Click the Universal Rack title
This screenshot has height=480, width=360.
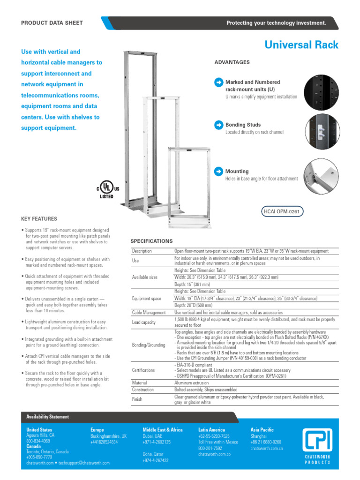click(301, 45)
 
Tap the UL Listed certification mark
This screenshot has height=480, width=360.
click(108, 188)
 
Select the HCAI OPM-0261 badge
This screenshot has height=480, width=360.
click(281, 212)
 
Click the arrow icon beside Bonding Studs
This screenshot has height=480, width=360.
click(218, 125)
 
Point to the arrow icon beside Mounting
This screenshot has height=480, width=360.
click(218, 172)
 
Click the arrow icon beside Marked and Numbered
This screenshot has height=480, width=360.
click(218, 82)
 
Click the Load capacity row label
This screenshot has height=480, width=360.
click(144, 322)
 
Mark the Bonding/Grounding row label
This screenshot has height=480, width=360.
click(149, 345)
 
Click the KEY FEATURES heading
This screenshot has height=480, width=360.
click(39, 219)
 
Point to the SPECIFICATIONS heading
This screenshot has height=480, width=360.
click(151, 241)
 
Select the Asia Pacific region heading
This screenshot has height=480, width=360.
click(262, 429)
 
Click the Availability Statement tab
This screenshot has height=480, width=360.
click(47, 417)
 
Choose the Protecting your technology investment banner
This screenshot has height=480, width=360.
click(276, 23)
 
